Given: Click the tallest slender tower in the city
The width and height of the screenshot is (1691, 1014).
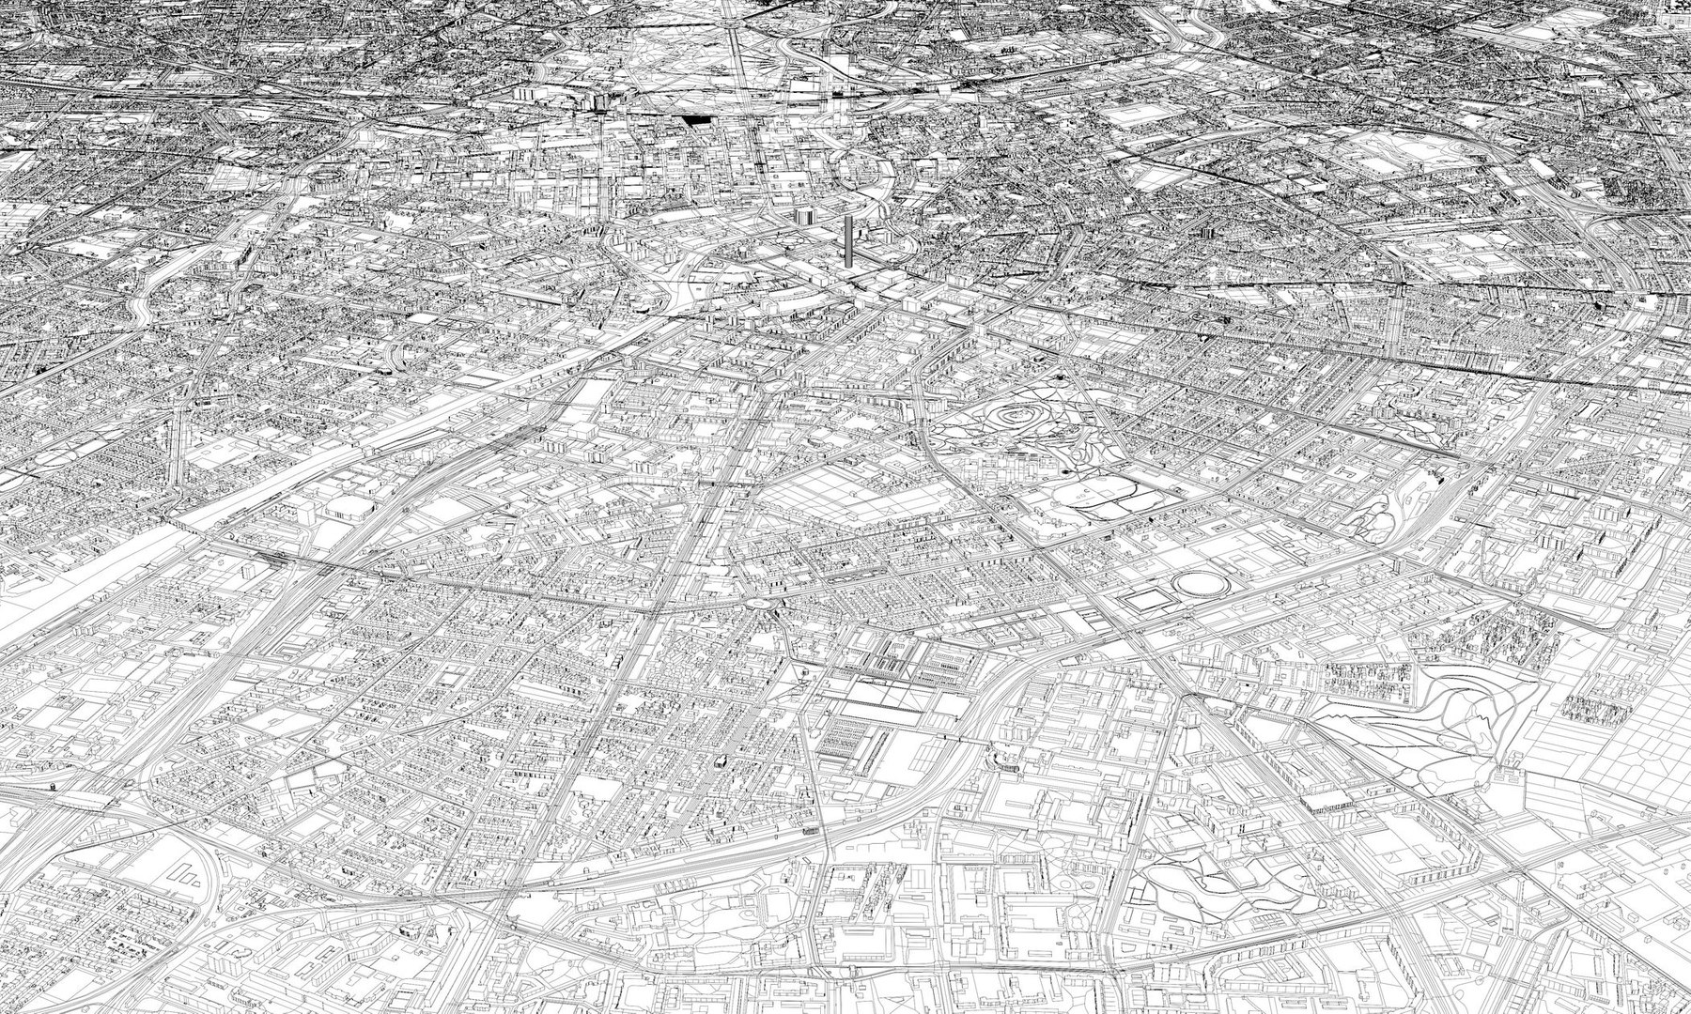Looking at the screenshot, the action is pyautogui.click(x=849, y=240).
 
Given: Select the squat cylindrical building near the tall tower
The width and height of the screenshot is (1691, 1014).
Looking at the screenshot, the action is pyautogui.click(x=804, y=216).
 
